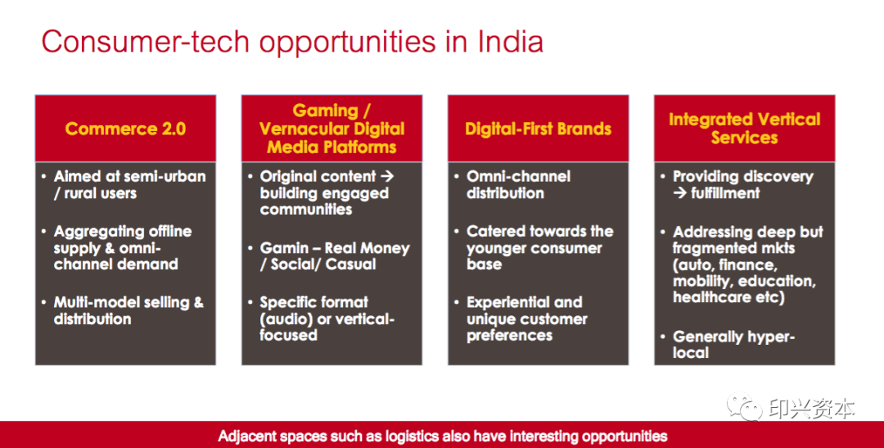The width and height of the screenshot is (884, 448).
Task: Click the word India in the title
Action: (511, 42)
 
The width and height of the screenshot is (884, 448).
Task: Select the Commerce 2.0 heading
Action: (125, 129)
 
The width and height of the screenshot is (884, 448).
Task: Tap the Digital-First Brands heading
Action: (538, 129)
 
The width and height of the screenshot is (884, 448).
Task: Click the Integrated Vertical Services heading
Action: (744, 128)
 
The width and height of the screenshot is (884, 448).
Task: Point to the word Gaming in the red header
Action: (325, 111)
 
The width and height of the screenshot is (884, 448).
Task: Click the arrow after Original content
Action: (386, 176)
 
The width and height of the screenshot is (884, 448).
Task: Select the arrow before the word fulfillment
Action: (680, 193)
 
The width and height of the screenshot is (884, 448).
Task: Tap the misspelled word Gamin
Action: (284, 247)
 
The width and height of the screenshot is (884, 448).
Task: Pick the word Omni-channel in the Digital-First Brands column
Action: (518, 176)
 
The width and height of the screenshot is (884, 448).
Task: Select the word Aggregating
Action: (95, 232)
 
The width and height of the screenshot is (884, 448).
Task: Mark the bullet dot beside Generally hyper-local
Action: (663, 337)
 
